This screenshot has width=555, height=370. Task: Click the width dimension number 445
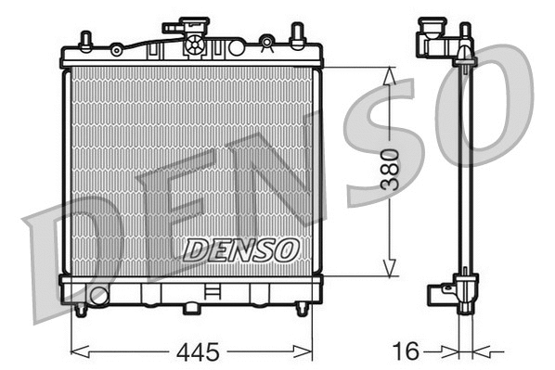pyautogui.click(x=197, y=352)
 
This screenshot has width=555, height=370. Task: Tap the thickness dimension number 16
pyautogui.click(x=406, y=351)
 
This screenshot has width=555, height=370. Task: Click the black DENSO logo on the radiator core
pyautogui.click(x=239, y=249)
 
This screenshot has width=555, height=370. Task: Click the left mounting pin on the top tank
pyautogui.click(x=85, y=42)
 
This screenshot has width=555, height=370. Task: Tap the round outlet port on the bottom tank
pyautogui.click(x=98, y=297)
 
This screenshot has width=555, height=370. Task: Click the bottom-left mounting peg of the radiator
pyautogui.click(x=82, y=310)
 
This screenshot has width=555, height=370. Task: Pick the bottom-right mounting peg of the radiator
pyautogui.click(x=301, y=310)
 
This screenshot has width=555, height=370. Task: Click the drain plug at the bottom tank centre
pyautogui.click(x=192, y=306)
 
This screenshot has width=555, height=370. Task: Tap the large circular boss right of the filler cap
pyautogui.click(x=236, y=46)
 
